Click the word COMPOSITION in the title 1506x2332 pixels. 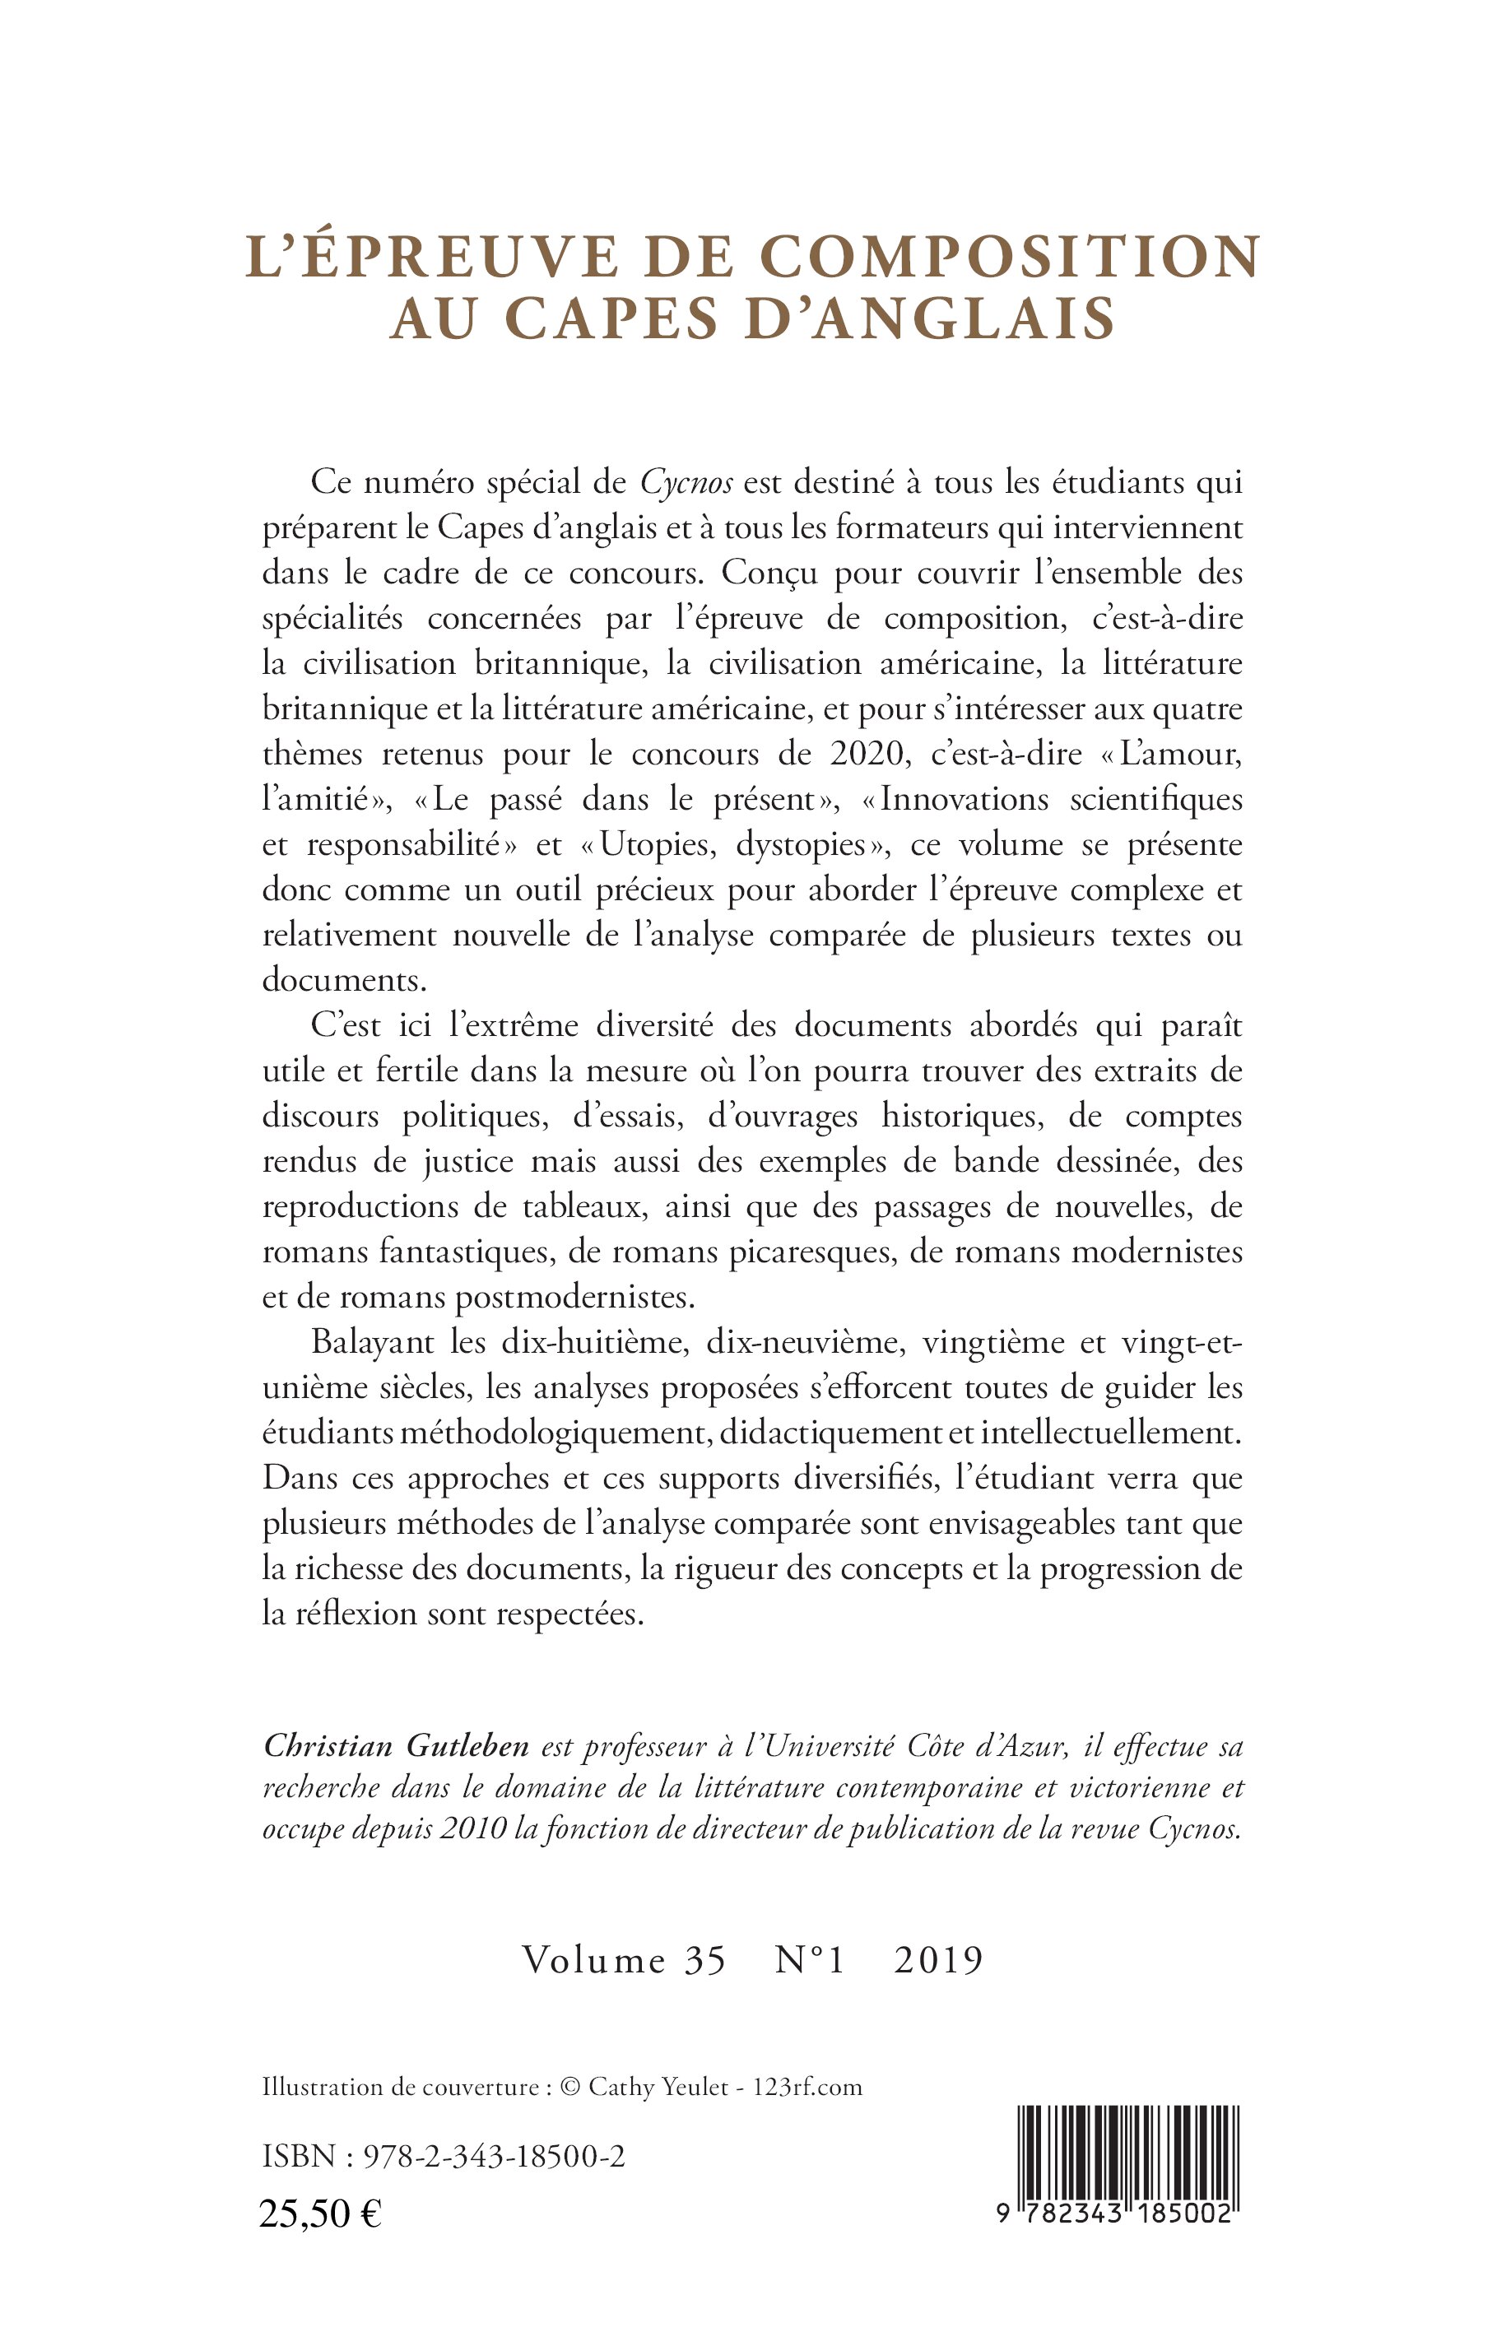(1009, 258)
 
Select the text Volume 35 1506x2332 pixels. (624, 1960)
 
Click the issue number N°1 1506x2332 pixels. (809, 1960)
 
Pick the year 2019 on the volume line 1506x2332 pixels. (938, 1960)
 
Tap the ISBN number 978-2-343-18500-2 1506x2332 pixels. (494, 2156)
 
